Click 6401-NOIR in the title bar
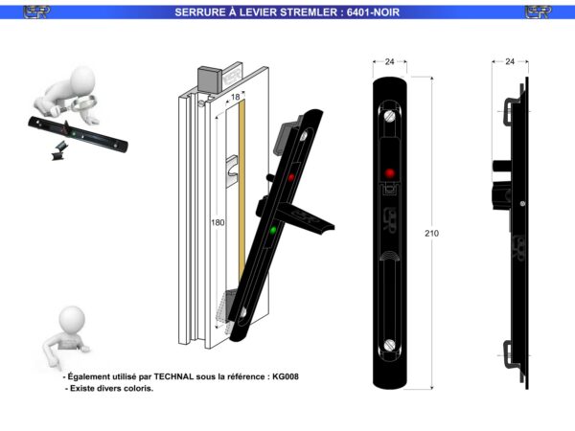[x=373, y=12]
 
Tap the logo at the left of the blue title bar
[x=36, y=12]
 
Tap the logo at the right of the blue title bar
[x=538, y=12]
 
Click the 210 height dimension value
[x=431, y=234]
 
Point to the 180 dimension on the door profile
[x=218, y=222]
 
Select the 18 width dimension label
[x=236, y=97]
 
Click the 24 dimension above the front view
[x=389, y=61]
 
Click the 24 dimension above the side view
[x=510, y=61]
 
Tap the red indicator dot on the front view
[x=390, y=173]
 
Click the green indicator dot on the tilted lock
[x=273, y=230]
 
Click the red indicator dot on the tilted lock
[x=291, y=177]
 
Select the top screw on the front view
[x=390, y=117]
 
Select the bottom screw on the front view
[x=390, y=345]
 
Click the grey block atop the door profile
[x=209, y=79]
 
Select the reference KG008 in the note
[x=286, y=376]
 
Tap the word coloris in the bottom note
[x=140, y=388]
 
